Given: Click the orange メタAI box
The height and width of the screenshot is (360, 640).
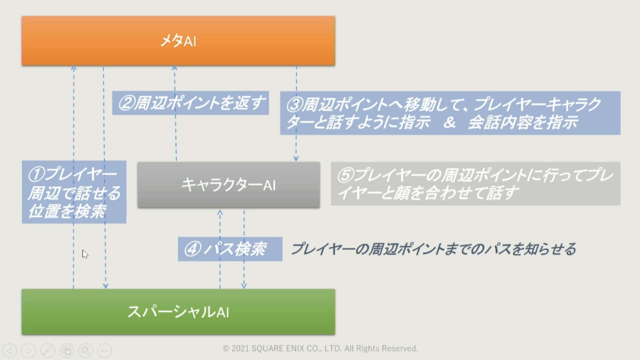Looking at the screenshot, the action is point(178,41).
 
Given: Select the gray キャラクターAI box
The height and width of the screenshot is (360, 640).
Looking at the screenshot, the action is point(229,185).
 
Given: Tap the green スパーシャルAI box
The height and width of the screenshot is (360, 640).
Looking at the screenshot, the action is point(178,312).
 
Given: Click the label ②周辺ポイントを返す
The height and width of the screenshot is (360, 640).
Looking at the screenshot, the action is point(190,103).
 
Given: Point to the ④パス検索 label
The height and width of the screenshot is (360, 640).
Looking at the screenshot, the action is point(230,249).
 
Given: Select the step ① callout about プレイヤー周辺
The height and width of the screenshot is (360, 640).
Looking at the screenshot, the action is point(74,192).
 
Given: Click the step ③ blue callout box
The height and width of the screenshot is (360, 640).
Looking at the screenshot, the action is point(450,113).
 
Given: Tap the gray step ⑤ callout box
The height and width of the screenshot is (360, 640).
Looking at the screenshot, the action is point(475,184).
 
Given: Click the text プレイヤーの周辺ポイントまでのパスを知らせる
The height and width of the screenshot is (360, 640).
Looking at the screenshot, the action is point(433,249).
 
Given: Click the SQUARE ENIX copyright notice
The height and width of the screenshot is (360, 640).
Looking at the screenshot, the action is point(320,348).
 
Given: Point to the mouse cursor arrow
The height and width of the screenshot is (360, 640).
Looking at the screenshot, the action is point(85,254).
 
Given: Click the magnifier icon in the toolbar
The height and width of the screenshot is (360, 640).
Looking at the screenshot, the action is point(86,351).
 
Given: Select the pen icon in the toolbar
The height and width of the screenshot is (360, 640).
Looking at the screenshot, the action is point(48,351).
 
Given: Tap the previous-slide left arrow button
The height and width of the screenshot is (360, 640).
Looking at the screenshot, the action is point(10,351).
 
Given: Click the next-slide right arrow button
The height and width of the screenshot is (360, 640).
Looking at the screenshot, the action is point(29,351).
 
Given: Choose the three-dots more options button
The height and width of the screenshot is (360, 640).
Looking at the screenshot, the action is point(105,351).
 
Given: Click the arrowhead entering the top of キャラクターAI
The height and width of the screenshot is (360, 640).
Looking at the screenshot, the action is point(296,159).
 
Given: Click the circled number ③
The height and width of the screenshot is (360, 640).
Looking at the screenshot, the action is point(295,105).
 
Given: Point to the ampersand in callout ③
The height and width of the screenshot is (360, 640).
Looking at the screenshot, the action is point(450,122).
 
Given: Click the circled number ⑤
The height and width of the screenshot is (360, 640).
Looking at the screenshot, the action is point(345,175).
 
